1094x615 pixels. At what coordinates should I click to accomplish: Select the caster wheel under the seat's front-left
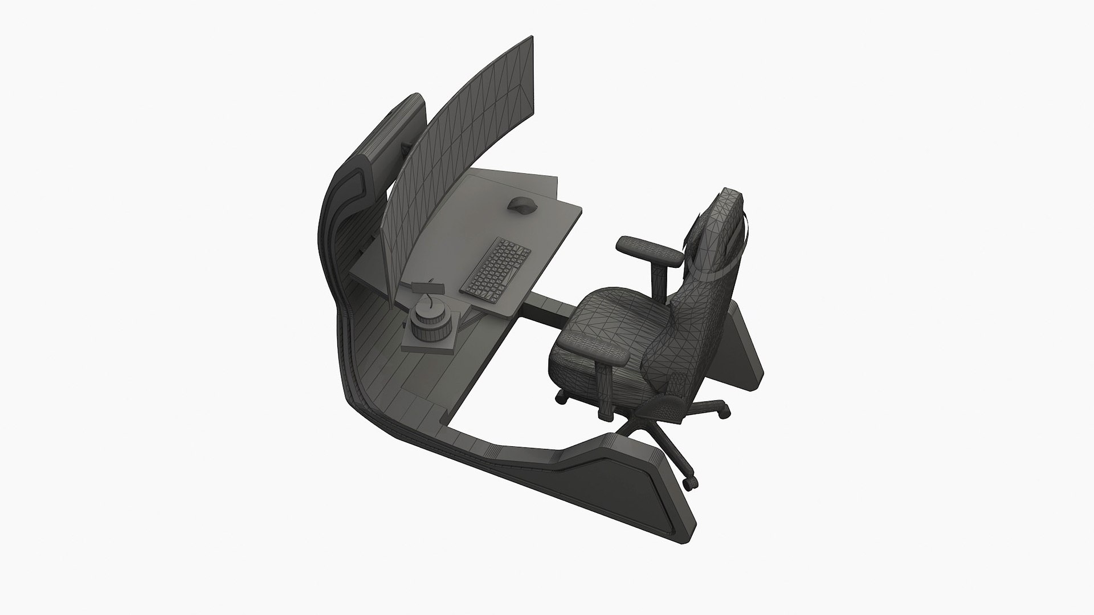pos(562,397)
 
